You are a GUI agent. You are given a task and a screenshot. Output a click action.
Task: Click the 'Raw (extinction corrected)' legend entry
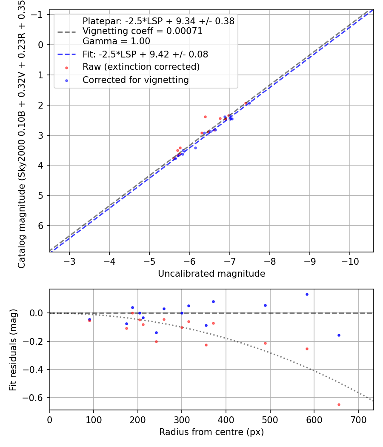point(141,67)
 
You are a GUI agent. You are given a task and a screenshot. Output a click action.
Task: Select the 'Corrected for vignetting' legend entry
point(135,80)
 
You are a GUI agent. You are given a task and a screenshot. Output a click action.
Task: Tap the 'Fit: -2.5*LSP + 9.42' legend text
point(145,54)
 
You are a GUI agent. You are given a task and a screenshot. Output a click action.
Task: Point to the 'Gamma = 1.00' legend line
point(116,41)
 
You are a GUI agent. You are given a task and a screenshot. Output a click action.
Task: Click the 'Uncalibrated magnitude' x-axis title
point(212,274)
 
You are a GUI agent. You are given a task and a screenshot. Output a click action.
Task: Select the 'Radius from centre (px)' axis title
point(212,432)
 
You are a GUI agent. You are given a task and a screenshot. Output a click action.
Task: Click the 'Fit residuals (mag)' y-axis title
point(13,350)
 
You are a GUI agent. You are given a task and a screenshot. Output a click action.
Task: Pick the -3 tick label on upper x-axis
point(69,260)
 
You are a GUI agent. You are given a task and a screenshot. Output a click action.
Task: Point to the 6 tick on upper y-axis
point(41,226)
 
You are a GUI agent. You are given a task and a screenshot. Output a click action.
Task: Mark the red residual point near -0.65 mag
point(339,404)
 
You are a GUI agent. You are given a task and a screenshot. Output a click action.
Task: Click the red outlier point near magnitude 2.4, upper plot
point(205,117)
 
